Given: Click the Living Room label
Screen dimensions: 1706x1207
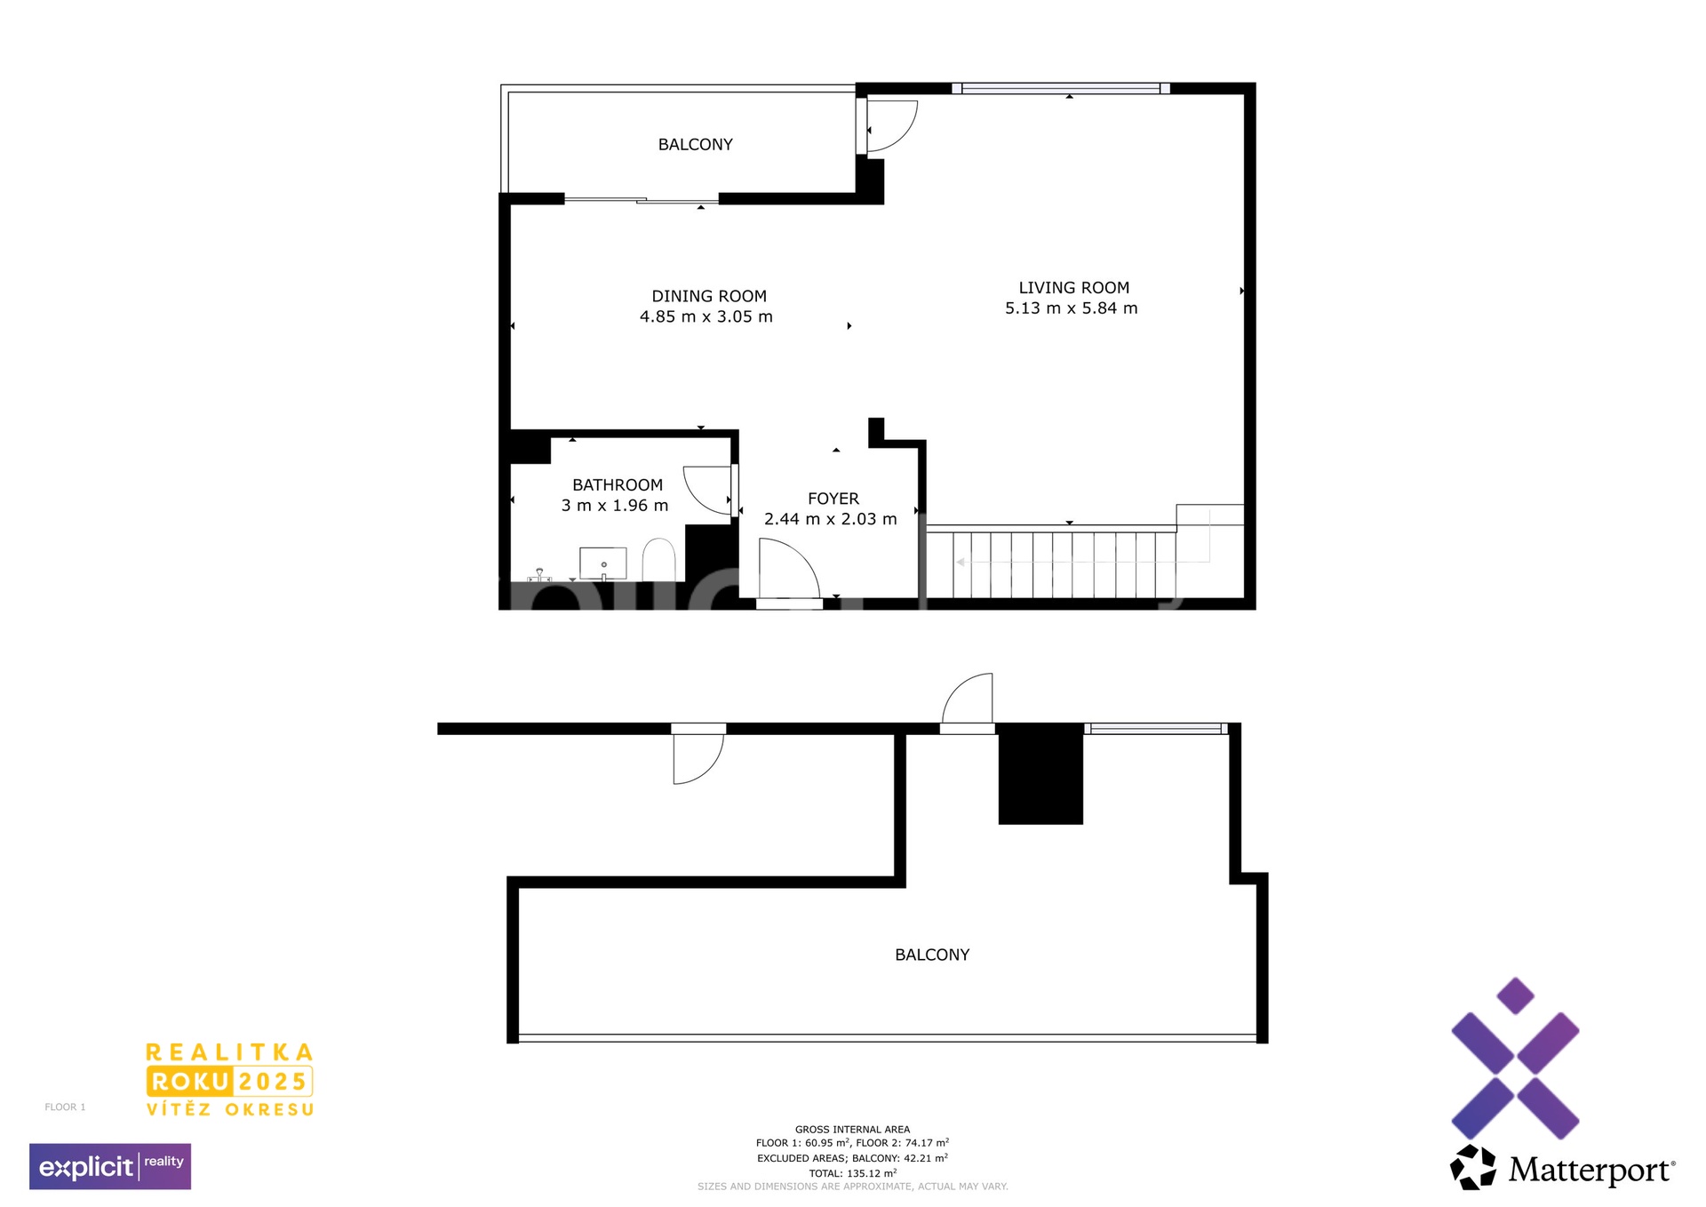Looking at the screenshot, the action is (1073, 288).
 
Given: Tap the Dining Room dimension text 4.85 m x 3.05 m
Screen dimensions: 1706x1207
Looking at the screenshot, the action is (706, 316).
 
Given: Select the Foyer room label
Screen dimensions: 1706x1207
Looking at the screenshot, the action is (833, 499).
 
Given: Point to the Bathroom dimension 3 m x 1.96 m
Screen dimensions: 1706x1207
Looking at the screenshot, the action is (615, 506).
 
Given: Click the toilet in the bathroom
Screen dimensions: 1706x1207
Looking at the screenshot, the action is (658, 559).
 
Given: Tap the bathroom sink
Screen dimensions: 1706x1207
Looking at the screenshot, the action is (603, 564).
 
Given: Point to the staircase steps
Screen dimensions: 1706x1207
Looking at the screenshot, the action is (1051, 564).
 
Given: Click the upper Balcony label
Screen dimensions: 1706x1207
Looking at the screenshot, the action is (696, 145).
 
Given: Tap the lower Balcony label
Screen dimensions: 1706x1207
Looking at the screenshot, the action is (932, 955).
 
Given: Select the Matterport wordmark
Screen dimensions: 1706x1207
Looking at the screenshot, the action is (1590, 1170).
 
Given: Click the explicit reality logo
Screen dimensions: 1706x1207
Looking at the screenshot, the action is (110, 1166).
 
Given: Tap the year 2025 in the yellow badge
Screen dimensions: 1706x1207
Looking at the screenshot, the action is (273, 1082).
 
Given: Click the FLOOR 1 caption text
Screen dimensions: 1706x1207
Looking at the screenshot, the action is (65, 1107).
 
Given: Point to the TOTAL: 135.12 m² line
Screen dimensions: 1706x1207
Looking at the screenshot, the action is (852, 1173).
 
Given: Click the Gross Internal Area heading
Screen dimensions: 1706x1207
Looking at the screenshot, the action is (852, 1130).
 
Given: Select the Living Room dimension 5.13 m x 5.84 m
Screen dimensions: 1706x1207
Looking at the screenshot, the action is (1072, 308).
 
